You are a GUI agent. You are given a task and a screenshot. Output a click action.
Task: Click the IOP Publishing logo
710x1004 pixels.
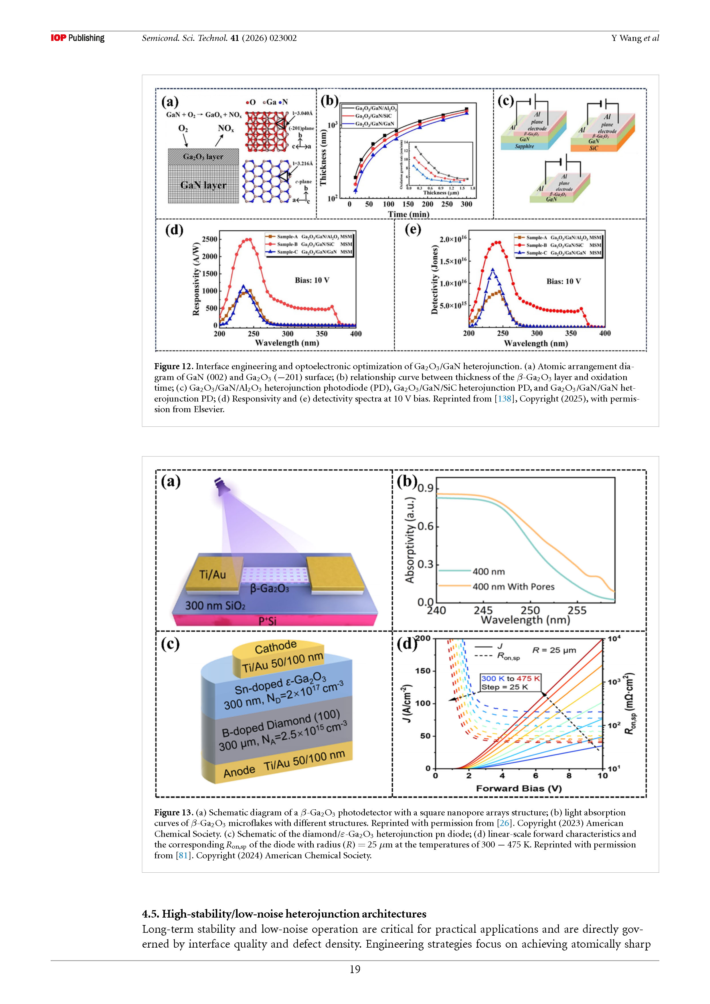[77, 38]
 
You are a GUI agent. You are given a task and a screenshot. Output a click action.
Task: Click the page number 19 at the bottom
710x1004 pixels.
[355, 969]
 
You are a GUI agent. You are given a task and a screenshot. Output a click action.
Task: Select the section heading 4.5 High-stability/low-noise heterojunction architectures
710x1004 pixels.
[284, 914]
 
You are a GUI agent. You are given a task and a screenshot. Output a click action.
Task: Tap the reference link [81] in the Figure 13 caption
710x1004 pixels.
[183, 855]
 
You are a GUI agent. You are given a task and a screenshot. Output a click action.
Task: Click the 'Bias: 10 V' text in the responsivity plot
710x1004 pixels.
[312, 280]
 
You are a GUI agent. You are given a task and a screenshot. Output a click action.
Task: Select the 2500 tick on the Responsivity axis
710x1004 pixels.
[209, 239]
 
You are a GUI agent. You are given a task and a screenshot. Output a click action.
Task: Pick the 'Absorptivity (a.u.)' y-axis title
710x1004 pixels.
[410, 540]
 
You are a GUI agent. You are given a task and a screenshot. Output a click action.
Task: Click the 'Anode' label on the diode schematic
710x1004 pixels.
[239, 772]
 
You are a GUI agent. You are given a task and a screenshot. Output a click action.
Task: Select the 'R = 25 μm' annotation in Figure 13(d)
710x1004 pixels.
[554, 650]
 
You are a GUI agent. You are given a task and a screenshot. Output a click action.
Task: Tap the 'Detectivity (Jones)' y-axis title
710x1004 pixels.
[434, 280]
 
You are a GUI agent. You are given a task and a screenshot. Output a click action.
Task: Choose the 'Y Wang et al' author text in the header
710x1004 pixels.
[635, 38]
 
